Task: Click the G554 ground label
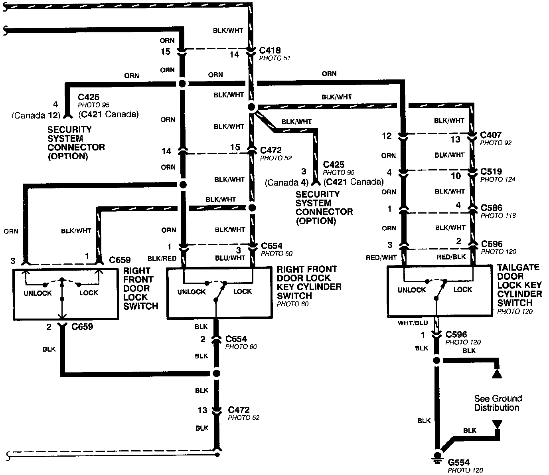[458, 463]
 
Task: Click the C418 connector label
[270, 51]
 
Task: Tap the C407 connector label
[491, 135]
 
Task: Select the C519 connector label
[491, 172]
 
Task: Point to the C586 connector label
[492, 208]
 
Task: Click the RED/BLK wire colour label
[451, 257]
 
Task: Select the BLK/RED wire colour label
[162, 259]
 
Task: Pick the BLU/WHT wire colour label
[230, 258]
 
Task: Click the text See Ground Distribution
[498, 403]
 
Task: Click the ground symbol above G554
[438, 457]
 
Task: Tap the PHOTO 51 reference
[275, 58]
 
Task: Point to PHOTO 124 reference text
[498, 180]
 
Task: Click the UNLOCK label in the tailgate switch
[411, 290]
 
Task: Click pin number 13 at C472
[202, 410]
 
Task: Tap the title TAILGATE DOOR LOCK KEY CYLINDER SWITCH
[519, 285]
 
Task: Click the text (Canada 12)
[36, 115]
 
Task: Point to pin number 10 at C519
[455, 176]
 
